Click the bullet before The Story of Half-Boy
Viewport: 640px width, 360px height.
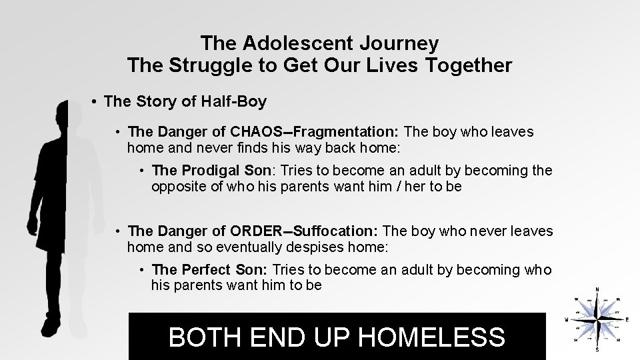[x=95, y=102]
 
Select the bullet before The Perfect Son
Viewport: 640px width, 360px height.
[x=143, y=270]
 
